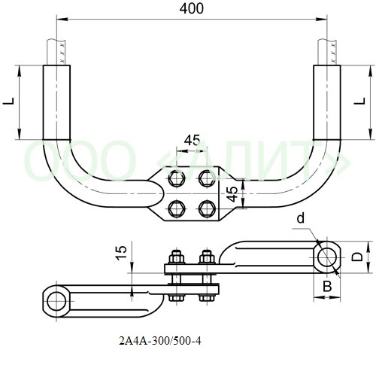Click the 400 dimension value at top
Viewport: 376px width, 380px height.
(x=192, y=8)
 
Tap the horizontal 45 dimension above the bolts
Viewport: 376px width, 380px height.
(x=192, y=140)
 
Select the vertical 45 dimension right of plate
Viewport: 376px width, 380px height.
(x=233, y=194)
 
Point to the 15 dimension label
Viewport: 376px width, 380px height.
(x=121, y=253)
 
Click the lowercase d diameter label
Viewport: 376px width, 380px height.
(x=301, y=218)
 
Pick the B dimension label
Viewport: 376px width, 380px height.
(x=327, y=286)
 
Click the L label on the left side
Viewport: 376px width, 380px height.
(x=9, y=101)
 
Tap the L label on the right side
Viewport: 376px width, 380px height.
(x=360, y=101)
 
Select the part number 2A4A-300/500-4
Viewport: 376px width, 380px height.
(x=160, y=341)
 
